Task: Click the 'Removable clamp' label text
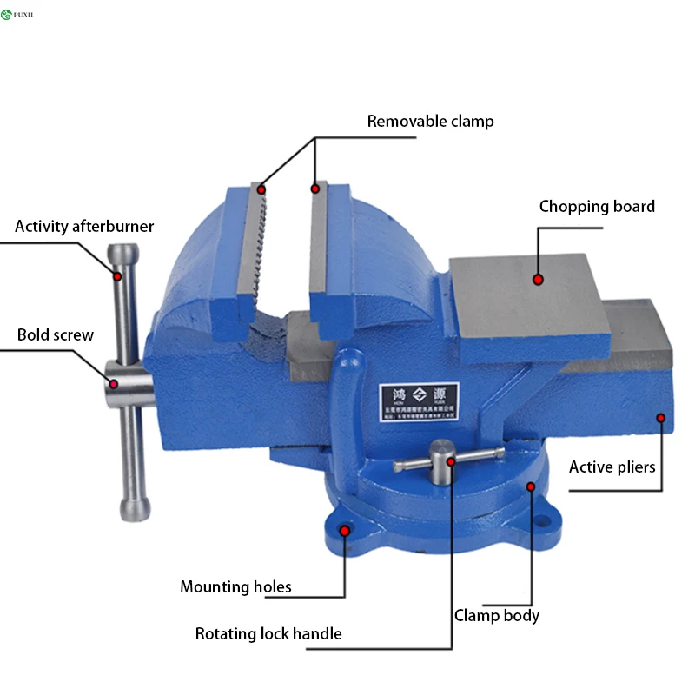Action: tap(430, 122)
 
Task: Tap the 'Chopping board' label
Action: tap(597, 207)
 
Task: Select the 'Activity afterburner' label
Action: tap(84, 227)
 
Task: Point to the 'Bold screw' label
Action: tap(56, 335)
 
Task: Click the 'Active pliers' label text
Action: tap(612, 467)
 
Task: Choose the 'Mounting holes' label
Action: tap(235, 587)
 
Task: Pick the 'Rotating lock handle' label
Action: tap(268, 634)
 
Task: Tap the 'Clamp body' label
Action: tap(497, 616)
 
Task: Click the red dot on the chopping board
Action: tap(539, 280)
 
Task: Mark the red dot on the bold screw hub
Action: tap(113, 382)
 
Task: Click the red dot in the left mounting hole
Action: tap(345, 529)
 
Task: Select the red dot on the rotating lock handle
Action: tap(451, 461)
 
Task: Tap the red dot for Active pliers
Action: tap(660, 418)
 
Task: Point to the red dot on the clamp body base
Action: tap(531, 486)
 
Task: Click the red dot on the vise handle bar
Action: tap(116, 275)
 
